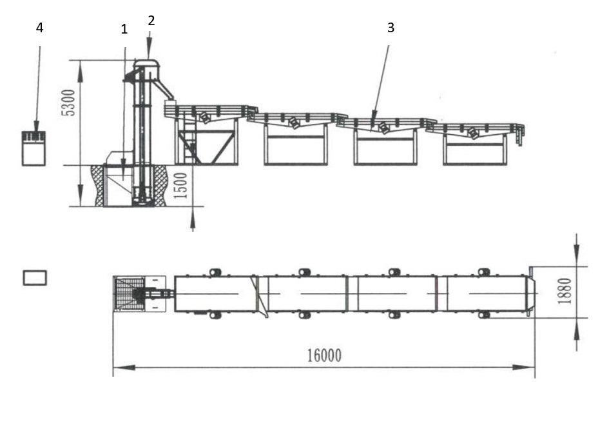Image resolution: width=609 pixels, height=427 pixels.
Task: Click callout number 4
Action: tap(39, 28)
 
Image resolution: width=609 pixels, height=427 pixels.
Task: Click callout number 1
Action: tap(124, 29)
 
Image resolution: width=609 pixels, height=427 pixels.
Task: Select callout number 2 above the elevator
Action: tap(151, 21)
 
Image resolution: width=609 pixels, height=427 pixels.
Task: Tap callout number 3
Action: tap(391, 28)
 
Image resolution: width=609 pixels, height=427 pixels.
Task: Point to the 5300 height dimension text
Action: tap(68, 103)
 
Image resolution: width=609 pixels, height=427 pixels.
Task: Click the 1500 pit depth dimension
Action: tap(180, 186)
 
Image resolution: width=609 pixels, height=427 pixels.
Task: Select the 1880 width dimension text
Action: tap(564, 291)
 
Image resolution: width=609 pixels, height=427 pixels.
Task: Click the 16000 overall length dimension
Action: tap(324, 355)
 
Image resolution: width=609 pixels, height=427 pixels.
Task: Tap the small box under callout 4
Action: tap(34, 148)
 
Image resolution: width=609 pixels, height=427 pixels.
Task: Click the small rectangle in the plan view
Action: tap(35, 277)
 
